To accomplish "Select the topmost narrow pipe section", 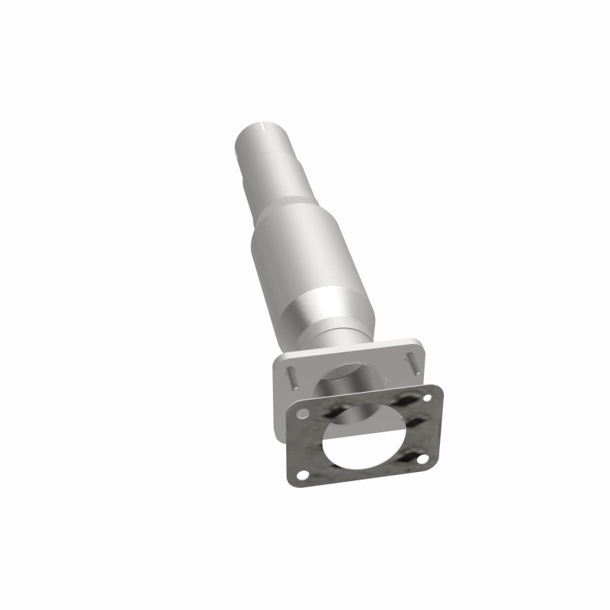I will [x=259, y=145].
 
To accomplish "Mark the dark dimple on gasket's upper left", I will [x=333, y=412].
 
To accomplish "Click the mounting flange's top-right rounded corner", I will [x=418, y=341].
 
